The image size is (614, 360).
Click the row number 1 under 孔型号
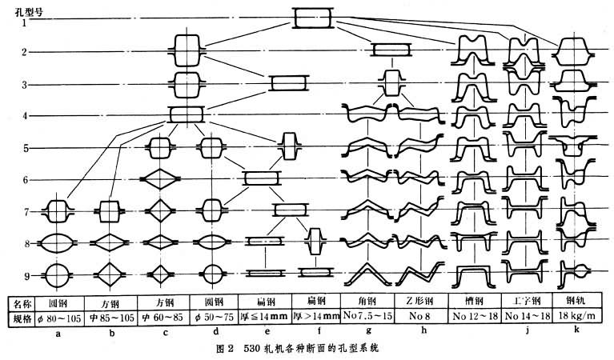pyautogui.click(x=26, y=22)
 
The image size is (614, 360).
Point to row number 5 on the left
pyautogui.click(x=26, y=148)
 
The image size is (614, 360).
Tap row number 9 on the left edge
pyautogui.click(x=26, y=275)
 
